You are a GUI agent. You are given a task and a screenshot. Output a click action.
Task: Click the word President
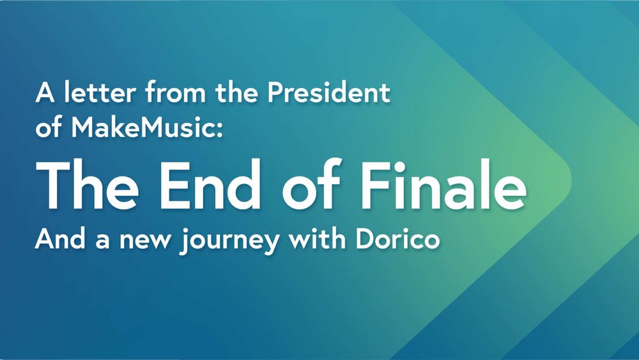(329, 92)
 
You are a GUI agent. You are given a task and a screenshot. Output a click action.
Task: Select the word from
(176, 92)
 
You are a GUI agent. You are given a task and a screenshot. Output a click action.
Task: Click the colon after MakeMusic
(220, 130)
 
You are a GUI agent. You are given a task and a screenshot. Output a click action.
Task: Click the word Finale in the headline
(443, 184)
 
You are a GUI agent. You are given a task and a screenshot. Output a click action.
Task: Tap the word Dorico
(397, 239)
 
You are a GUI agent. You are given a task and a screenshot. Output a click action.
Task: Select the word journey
(229, 240)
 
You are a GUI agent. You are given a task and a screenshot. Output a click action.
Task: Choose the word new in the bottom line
(145, 241)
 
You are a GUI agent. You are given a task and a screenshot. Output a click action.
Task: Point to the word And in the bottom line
(60, 239)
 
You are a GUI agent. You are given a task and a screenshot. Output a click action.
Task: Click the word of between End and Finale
(311, 184)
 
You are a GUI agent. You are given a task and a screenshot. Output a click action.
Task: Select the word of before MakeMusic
(49, 127)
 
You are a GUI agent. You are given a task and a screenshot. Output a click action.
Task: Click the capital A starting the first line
(45, 93)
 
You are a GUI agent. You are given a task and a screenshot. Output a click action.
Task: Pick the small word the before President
(237, 92)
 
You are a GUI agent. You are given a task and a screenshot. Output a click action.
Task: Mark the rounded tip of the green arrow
(571, 180)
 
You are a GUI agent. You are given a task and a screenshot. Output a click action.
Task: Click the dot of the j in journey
(187, 231)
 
